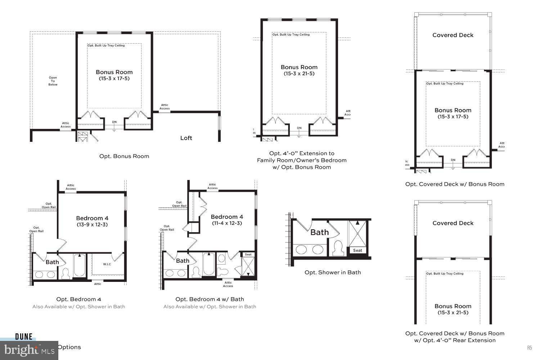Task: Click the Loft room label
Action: (x=186, y=138)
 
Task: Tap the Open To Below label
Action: (x=53, y=81)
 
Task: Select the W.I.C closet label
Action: (x=107, y=264)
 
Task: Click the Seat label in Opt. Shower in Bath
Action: (x=357, y=250)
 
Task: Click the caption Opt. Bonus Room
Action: (x=124, y=156)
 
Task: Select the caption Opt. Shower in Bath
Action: (x=333, y=272)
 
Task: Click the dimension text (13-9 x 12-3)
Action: (x=92, y=225)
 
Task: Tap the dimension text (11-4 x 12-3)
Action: (x=227, y=223)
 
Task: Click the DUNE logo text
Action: (x=24, y=337)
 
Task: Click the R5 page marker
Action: (x=530, y=347)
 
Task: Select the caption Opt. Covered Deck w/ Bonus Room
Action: (x=455, y=184)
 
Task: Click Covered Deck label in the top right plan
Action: (x=453, y=35)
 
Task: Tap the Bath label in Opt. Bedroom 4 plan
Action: (x=52, y=262)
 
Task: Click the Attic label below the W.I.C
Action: (x=98, y=284)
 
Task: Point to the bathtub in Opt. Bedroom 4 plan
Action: (x=80, y=266)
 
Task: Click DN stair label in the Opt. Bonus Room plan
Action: (x=114, y=122)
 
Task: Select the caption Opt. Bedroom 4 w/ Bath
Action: (x=210, y=299)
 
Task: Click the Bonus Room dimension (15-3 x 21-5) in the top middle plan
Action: (x=299, y=74)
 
